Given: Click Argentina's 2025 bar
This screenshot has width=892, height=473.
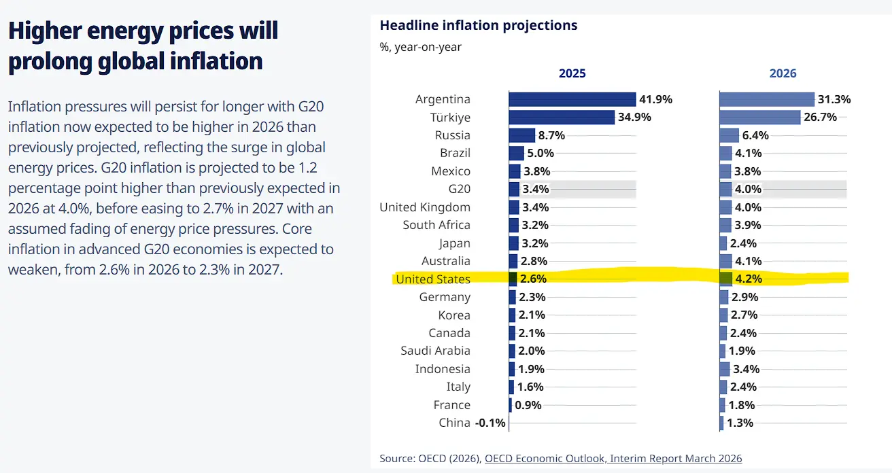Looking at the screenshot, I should (x=572, y=99).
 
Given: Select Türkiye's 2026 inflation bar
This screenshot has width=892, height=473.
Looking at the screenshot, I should (x=759, y=117).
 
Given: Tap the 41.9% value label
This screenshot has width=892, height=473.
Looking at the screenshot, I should (x=655, y=99).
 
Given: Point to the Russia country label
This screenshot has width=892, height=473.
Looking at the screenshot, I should (x=452, y=135).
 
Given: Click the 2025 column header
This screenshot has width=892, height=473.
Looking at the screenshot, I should (x=572, y=73).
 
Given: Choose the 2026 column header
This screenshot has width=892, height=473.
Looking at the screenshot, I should (x=783, y=73).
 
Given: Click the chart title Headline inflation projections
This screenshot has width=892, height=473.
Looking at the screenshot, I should (x=478, y=26).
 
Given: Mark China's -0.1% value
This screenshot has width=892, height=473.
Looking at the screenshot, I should (x=490, y=423).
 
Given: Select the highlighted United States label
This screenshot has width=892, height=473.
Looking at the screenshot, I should (x=433, y=279).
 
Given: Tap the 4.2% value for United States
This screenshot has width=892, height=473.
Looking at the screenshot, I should (x=748, y=279).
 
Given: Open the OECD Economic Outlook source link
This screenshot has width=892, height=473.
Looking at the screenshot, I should (x=613, y=458).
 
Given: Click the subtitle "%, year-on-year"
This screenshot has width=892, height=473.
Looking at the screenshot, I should (x=420, y=47).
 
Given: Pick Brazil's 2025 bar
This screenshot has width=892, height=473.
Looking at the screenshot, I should (x=517, y=153).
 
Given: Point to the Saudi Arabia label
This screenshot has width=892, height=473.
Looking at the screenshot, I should (x=435, y=351).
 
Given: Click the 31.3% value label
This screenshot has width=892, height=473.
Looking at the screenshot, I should (x=834, y=99).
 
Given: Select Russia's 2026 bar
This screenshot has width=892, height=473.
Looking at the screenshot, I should (x=729, y=135).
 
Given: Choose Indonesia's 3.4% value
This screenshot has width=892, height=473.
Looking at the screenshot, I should (x=748, y=369).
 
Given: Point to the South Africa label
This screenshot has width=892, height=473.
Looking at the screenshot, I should (x=436, y=225).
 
